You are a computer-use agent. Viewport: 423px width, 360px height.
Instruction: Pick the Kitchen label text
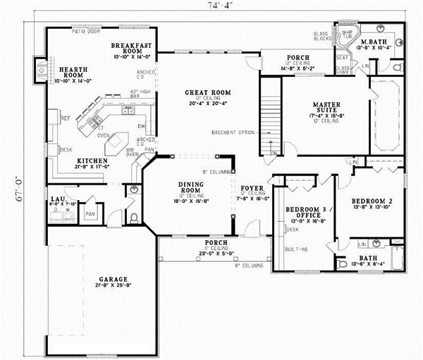pos(92,161)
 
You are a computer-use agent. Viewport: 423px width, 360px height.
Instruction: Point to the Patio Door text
pos(82,32)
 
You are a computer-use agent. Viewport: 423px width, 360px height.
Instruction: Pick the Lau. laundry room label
pos(57,200)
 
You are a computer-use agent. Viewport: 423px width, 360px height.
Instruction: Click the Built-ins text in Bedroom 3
pos(296,249)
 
